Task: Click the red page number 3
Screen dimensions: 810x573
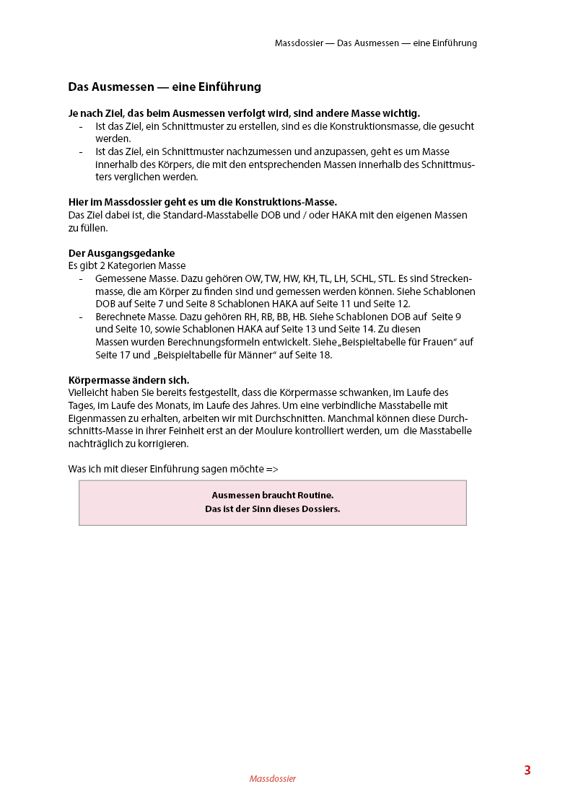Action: [528, 770]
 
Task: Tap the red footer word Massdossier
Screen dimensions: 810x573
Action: [273, 779]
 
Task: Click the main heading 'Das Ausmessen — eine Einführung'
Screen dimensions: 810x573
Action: [165, 87]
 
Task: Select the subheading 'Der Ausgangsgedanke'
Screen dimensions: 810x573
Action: [121, 253]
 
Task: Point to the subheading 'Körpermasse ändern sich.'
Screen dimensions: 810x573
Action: [128, 380]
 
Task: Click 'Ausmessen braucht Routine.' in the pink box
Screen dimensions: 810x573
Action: [273, 496]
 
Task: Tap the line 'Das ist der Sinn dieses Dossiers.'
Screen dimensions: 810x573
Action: [273, 509]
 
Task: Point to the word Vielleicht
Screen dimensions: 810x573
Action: [91, 392]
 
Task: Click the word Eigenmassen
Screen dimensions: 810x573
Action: [97, 418]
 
